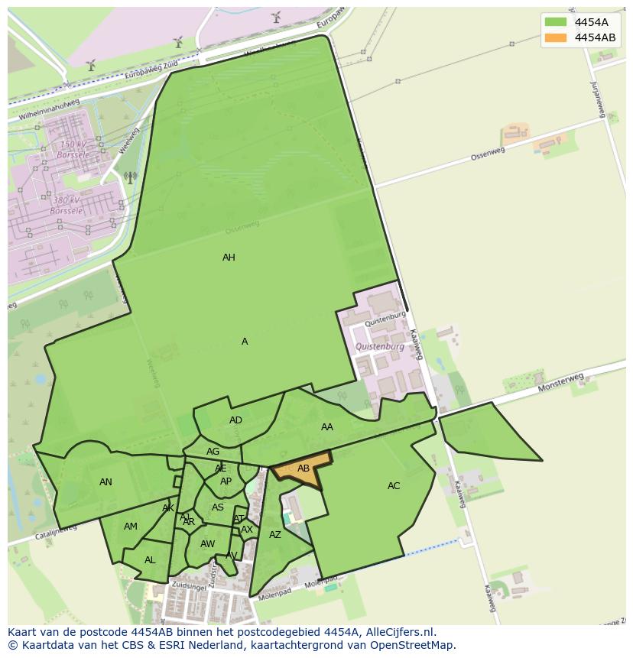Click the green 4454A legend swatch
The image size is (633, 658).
pos(556,22)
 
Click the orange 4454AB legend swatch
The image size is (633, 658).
pos(556,37)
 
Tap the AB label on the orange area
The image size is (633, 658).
pos(304,468)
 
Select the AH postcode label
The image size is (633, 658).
pos(229,258)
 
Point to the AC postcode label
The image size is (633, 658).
pos(394,486)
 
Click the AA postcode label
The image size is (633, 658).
pos(327,427)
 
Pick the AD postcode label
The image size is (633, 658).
pos(235,420)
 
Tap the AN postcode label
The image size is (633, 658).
pos(105,482)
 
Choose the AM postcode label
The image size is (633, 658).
pos(131,527)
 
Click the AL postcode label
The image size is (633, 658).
pos(150,560)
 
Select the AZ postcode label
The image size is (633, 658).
pos(275,535)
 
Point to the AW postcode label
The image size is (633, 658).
pos(207,544)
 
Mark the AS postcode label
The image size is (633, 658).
pos(218,507)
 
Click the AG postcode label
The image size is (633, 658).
pos(213,452)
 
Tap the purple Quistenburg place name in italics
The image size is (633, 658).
pos(380,346)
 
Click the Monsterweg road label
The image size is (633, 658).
pos(560,382)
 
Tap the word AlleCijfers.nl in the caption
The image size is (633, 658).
pos(398,632)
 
